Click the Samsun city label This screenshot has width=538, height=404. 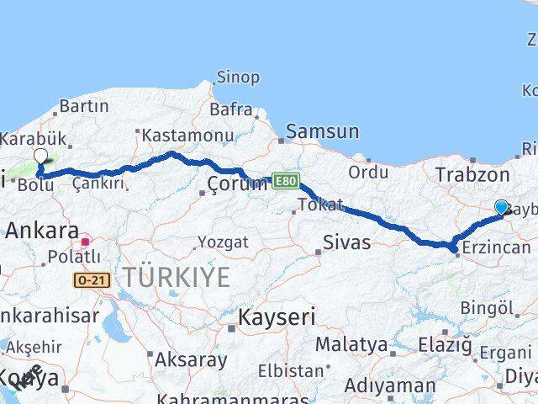322,131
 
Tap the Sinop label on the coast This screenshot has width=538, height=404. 238,77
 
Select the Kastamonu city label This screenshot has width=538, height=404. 187,135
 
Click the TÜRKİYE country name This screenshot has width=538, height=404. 176,276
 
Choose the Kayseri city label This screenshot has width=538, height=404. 277,317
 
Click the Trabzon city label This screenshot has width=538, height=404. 473,175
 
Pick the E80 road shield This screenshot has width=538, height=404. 285,180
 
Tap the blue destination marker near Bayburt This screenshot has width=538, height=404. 502,207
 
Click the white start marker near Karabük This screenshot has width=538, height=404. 40,155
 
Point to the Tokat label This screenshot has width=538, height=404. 320,205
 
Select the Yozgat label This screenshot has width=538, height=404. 223,242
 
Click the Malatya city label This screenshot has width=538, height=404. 351,345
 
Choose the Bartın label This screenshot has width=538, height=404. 84,106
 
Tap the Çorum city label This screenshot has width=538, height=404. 238,183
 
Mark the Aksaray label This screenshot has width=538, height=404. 190,359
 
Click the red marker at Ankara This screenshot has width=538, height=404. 85,242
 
